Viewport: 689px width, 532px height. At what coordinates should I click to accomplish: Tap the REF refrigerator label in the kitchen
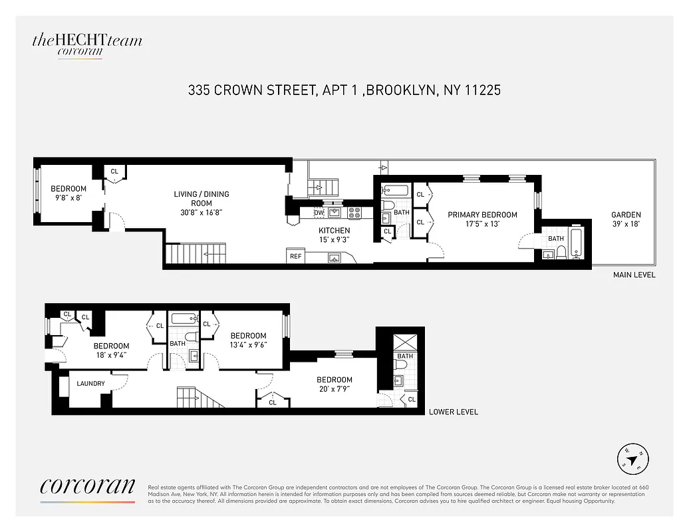coord(295,256)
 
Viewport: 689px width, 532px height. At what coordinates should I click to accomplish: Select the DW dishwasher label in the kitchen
coord(319,213)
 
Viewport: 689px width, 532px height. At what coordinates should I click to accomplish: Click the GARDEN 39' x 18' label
coord(626,219)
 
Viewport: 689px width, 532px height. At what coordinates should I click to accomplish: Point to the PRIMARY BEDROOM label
coord(482,219)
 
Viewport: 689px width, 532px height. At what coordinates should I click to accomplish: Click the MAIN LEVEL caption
coord(633,275)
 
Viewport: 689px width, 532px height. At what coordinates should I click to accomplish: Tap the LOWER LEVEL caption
coord(453,412)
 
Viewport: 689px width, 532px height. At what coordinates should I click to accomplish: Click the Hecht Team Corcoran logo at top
coord(87,45)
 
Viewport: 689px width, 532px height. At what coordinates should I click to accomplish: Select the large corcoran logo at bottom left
coord(87,487)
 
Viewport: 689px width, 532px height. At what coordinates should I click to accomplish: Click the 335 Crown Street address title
coord(344,90)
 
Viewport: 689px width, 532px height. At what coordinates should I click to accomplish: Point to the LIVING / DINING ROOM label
coord(202,203)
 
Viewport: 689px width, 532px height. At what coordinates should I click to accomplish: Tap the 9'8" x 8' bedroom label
coord(69,193)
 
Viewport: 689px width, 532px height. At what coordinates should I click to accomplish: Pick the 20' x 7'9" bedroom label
coord(334,384)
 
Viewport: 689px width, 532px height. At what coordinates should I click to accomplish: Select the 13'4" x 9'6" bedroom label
coord(248,340)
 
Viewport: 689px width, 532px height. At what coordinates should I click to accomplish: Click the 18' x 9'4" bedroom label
coord(111,350)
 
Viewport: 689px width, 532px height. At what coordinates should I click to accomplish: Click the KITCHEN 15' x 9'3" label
coord(334,235)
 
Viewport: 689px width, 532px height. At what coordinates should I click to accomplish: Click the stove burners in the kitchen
coord(355,213)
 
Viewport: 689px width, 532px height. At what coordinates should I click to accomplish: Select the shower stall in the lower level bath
coord(404,343)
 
